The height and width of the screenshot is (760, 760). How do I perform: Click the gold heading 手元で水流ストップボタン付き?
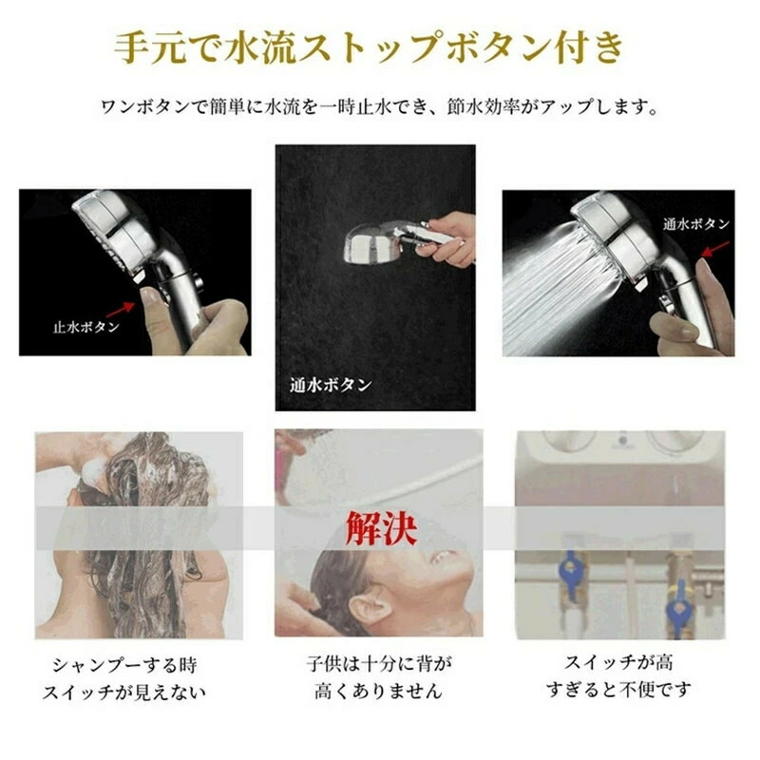coord(370,47)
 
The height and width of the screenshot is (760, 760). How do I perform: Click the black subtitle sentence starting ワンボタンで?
coord(379,106)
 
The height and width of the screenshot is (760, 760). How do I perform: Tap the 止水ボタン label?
coord(86,327)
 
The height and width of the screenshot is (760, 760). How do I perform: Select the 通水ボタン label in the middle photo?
coord(331,385)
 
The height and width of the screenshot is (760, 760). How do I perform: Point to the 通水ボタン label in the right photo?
coord(696,223)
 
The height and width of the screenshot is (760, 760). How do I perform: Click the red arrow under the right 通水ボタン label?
coord(715,249)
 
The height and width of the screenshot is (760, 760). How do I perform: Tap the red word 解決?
coord(381,528)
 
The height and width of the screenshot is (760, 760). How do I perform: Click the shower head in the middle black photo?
coord(373,246)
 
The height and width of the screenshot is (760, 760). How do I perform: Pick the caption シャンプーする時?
coord(125,665)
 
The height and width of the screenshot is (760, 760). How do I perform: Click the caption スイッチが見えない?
coord(124,693)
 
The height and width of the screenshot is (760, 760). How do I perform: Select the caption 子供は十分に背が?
coord(379,663)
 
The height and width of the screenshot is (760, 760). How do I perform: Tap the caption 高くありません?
coord(378,691)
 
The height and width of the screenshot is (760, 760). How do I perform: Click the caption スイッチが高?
coord(619,662)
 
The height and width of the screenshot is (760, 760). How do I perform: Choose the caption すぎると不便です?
coord(619,690)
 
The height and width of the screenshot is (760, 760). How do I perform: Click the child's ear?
coord(370,609)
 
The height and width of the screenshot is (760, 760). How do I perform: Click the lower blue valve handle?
coord(677,608)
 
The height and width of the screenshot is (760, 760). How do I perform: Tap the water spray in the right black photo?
coord(558,286)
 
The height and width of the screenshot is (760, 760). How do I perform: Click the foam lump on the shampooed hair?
coord(93,469)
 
